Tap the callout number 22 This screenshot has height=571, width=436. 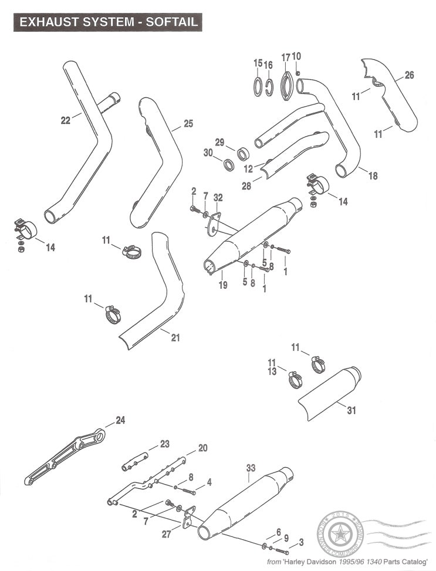[x=66, y=121]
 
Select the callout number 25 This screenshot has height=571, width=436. [x=188, y=124]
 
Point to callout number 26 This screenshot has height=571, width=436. [x=409, y=75]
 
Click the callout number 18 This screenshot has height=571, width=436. [x=373, y=175]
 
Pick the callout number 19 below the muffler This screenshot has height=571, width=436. [x=222, y=285]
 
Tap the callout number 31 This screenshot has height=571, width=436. [x=351, y=410]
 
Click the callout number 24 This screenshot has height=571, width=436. [x=120, y=420]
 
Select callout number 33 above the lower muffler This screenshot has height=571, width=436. [x=251, y=468]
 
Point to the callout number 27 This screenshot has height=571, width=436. [x=167, y=535]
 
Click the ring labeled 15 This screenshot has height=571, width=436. [x=258, y=85]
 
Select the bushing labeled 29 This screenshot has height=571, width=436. [x=244, y=155]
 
